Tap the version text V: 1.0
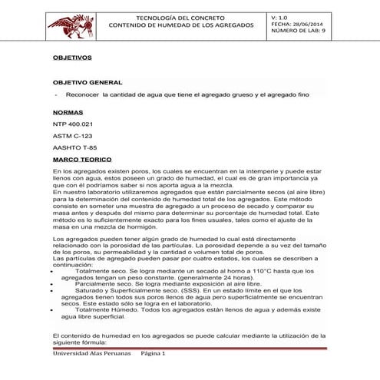coord(281,16)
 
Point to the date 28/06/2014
coord(306,24)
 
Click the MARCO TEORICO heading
coord(83,159)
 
